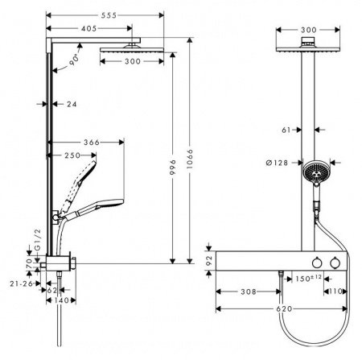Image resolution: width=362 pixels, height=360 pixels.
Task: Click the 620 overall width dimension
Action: click(x=282, y=308)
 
